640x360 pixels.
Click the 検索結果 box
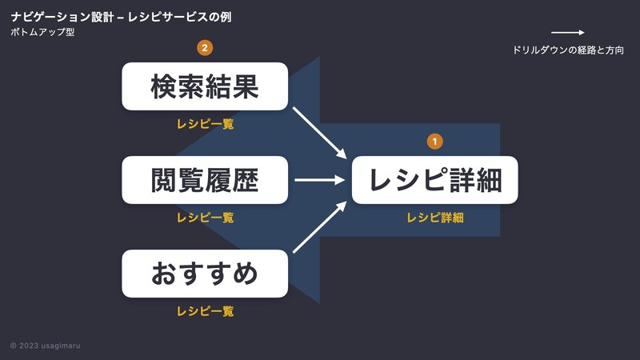(x=205, y=86)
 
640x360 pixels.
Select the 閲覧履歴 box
(x=205, y=179)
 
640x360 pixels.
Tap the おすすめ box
(x=205, y=274)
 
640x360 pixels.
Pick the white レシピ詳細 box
(x=434, y=179)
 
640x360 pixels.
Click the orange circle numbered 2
(x=205, y=48)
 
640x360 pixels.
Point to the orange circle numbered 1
(x=434, y=142)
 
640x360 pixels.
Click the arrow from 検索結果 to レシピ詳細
(x=319, y=133)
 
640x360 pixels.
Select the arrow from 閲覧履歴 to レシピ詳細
(x=319, y=179)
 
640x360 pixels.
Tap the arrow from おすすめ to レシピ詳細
(x=319, y=227)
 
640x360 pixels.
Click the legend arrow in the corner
(x=568, y=32)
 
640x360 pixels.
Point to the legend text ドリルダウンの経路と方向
(x=568, y=50)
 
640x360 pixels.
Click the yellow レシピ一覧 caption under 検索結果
(x=205, y=124)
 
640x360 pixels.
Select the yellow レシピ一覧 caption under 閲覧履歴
(x=205, y=218)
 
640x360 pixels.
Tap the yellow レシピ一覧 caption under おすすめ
(x=205, y=311)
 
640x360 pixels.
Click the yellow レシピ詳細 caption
(x=435, y=218)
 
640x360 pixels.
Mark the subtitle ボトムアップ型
(x=42, y=32)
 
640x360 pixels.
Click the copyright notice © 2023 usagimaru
(x=45, y=346)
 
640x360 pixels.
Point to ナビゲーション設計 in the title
(x=62, y=17)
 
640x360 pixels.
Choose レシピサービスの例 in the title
(x=179, y=17)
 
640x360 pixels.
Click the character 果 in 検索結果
(x=246, y=86)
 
